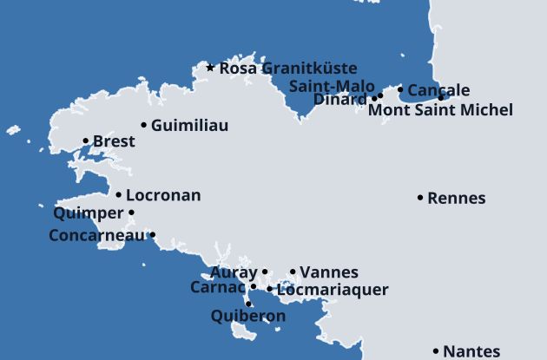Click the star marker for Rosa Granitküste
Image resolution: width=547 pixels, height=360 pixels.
pyautogui.click(x=210, y=67)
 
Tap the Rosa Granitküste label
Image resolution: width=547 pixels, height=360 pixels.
pyautogui.click(x=287, y=68)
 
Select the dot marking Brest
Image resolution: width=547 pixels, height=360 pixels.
pyautogui.click(x=86, y=141)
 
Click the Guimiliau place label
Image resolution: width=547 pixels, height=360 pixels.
pyautogui.click(x=189, y=126)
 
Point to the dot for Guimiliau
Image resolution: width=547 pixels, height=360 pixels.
pyautogui.click(x=144, y=125)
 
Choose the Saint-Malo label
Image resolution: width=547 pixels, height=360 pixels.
pyautogui.click(x=331, y=86)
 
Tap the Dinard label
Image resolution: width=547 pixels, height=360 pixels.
pyautogui.click(x=339, y=99)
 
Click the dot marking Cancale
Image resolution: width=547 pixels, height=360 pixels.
pyautogui.click(x=400, y=89)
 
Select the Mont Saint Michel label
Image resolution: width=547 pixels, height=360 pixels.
pyautogui.click(x=440, y=109)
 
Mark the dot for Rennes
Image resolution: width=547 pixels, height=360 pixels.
pyautogui.click(x=421, y=198)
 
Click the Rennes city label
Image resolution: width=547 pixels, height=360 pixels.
pyautogui.click(x=457, y=198)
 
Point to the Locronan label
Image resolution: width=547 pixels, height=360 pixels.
pyautogui.click(x=163, y=195)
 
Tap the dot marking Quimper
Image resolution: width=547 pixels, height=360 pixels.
pyautogui.click(x=132, y=213)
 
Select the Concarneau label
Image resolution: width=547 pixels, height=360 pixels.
pyautogui.click(x=97, y=235)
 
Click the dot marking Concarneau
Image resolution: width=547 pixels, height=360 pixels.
pyautogui.click(x=153, y=234)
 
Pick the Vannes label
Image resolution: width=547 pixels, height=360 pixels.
pyautogui.click(x=328, y=272)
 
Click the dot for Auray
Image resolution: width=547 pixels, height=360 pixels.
pyautogui.click(x=265, y=272)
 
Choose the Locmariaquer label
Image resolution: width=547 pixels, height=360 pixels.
pyautogui.click(x=333, y=290)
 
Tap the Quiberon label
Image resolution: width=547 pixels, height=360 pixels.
pyautogui.click(x=248, y=317)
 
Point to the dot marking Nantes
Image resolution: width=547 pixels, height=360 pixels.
pyautogui.click(x=436, y=351)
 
